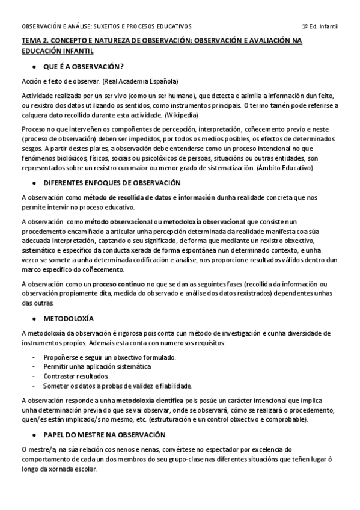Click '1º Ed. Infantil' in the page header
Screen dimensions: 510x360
click(320, 27)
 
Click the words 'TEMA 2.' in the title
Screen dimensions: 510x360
click(34, 41)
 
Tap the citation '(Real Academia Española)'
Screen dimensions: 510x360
click(140, 81)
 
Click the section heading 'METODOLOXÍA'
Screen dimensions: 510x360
click(69, 317)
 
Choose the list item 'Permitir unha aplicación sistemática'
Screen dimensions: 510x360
click(97, 366)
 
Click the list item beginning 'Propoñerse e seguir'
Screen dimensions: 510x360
click(109, 357)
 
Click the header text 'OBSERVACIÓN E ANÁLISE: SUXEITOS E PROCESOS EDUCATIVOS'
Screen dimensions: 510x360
click(106, 27)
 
